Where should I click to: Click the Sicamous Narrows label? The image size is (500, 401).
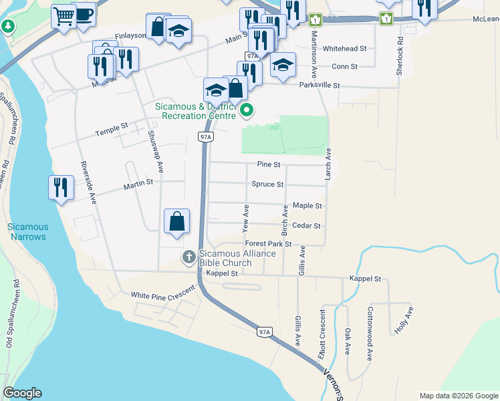point(27,232)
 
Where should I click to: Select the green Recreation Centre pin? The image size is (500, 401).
point(247,110)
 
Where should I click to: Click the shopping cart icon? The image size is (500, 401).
point(64,16)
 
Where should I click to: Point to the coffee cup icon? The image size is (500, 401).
point(84,14)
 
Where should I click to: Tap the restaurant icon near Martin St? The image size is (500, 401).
point(61,188)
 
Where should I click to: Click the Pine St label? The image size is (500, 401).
point(268,164)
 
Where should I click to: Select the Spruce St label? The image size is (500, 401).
point(267,184)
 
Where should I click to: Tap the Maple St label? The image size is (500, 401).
point(307,206)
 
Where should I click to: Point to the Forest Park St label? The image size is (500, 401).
point(268,245)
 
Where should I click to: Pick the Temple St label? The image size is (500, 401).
point(111,127)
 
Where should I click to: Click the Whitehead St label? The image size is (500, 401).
point(344,49)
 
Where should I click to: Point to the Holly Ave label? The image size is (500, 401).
point(404,320)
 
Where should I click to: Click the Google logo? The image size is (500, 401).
point(22,393)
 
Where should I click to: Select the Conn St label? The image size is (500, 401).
point(345,67)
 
